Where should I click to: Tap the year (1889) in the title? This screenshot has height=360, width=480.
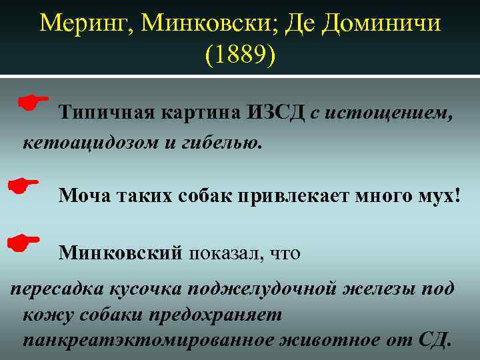[240, 55]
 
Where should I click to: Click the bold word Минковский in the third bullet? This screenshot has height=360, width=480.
[120, 253]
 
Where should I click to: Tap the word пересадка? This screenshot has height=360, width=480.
[54, 289]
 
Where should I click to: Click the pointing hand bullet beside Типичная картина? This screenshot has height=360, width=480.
[34, 102]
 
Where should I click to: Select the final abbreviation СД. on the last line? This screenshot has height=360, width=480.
[437, 341]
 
